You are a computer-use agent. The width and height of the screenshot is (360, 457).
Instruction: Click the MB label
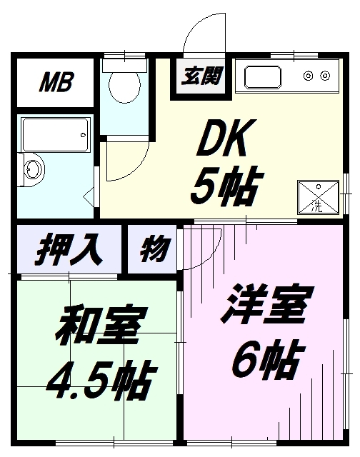click(x=56, y=82)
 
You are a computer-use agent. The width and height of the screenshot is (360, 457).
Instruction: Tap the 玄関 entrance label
click(x=201, y=76)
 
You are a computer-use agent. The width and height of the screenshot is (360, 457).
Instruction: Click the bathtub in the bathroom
click(x=55, y=135)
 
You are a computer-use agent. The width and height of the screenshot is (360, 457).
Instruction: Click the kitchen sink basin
click(x=263, y=77)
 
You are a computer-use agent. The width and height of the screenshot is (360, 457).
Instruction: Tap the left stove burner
click(x=308, y=76)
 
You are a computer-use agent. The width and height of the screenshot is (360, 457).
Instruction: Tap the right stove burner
click(x=325, y=76)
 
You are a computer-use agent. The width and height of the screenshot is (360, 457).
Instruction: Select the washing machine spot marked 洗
click(x=318, y=197)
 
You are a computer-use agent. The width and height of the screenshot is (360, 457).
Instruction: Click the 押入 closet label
click(x=69, y=249)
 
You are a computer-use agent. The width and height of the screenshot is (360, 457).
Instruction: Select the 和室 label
click(x=101, y=325)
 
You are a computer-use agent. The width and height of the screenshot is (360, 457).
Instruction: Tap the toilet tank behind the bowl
click(x=124, y=66)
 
